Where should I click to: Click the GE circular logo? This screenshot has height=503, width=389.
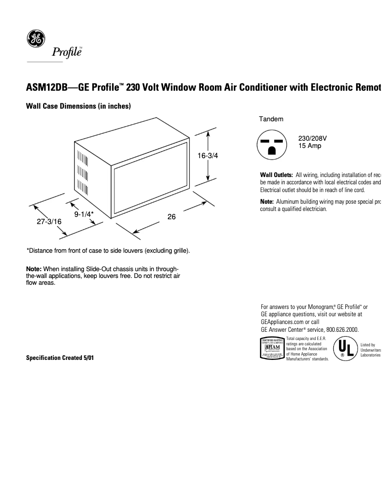35,39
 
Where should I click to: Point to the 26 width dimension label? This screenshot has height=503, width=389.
171,217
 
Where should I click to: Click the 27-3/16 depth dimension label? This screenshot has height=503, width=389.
49,222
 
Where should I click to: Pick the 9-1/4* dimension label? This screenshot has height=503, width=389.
84,214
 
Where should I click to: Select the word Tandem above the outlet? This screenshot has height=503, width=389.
271,119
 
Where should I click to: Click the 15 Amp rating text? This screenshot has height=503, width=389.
309,146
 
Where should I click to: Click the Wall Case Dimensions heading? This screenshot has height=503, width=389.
78,106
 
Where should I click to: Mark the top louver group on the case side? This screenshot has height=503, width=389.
82,159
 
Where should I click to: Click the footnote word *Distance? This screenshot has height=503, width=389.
40,251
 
